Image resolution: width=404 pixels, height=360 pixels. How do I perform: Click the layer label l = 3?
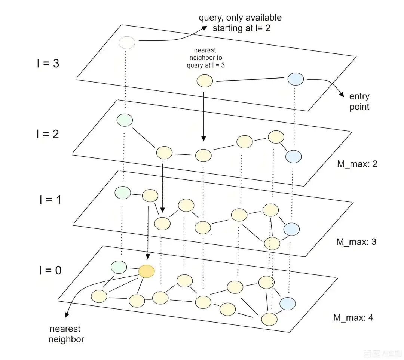(48, 63)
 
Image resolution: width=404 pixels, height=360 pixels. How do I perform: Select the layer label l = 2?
(48, 134)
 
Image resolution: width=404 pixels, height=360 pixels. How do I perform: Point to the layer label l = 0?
(50, 270)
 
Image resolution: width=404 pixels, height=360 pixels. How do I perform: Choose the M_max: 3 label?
(356, 241)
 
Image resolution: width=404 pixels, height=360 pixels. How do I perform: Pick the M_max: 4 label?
(353, 318)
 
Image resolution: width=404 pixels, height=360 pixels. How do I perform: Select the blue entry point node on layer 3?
(296, 79)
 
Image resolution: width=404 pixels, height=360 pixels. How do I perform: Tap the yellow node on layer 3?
(205, 81)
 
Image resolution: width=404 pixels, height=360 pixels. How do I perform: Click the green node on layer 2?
(125, 120)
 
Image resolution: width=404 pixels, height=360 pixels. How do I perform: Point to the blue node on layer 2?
(293, 156)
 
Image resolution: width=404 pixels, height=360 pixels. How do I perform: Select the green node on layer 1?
(123, 193)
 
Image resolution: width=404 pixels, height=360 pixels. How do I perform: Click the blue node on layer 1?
(291, 229)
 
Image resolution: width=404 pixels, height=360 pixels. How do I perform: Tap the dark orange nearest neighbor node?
(146, 271)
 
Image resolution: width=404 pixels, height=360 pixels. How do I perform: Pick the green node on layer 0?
(119, 267)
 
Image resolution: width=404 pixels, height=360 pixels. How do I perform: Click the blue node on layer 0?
(288, 303)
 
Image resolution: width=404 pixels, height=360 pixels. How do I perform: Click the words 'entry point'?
(359, 102)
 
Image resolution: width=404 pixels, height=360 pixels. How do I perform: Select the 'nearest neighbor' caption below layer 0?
(66, 334)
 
